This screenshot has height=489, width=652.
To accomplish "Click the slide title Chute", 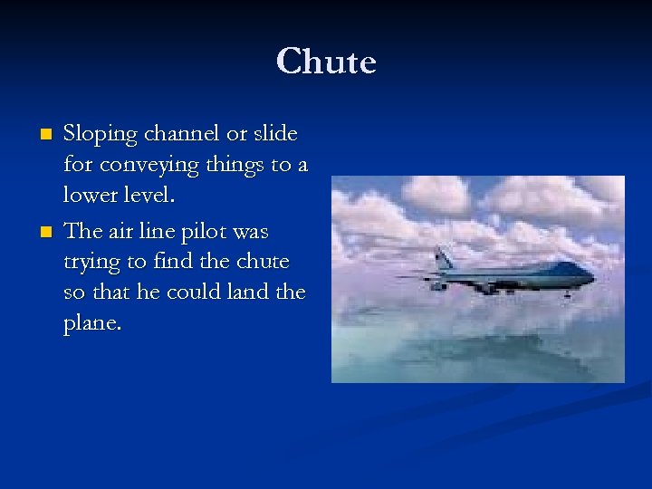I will coord(326,62).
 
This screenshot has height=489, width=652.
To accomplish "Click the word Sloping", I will coord(100,135).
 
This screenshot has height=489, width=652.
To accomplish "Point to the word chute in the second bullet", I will coord(263,262).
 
